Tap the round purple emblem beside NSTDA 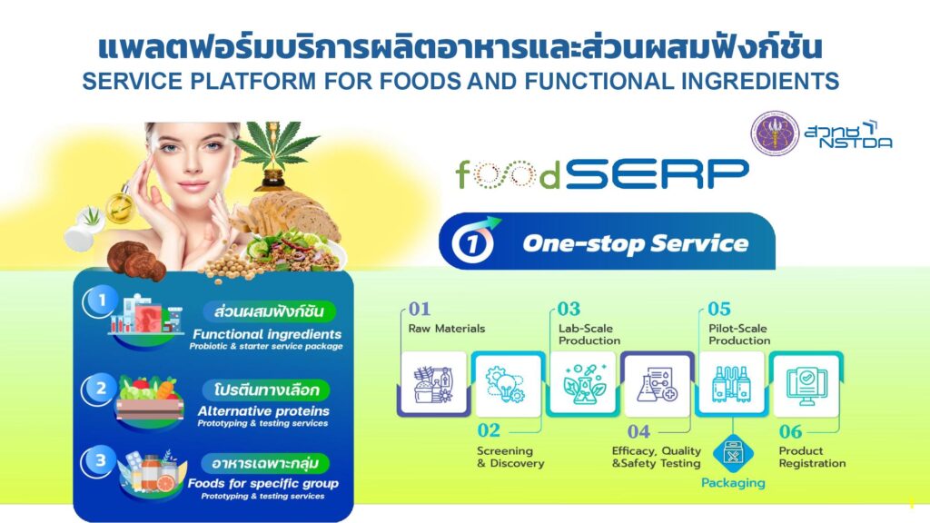tap(775, 133)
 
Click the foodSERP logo tap(602, 173)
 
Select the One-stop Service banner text tap(635, 243)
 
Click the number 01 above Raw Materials tap(420, 309)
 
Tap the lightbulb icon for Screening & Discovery tap(505, 384)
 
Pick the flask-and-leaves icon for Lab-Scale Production tap(584, 384)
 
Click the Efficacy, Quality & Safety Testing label tap(656, 458)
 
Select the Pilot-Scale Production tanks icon tap(731, 384)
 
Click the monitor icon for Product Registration tap(806, 385)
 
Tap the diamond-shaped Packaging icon tap(733, 455)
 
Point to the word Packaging tap(733, 483)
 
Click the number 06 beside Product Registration tap(791, 431)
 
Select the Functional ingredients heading tap(267, 334)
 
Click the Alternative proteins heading tap(263, 411)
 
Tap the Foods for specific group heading tap(263, 483)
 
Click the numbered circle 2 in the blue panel tap(101, 389)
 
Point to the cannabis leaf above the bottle tap(274, 144)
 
